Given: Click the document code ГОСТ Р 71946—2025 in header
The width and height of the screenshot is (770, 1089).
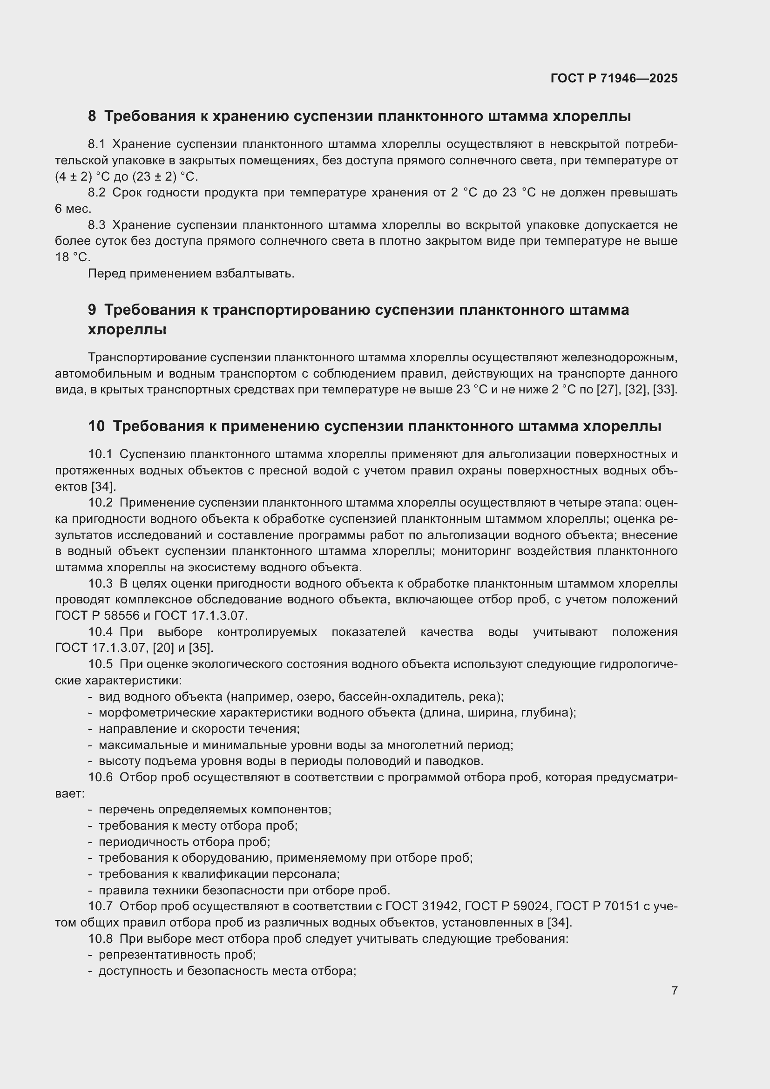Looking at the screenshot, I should pos(614,78).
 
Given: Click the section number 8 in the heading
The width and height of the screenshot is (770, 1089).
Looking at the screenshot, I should pos(92,116).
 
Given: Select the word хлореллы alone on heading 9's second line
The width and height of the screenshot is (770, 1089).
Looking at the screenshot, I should pos(127,329).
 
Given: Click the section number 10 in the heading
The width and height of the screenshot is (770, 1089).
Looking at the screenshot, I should pos(96,426).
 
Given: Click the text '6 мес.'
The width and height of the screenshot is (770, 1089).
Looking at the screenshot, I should pos(73,209).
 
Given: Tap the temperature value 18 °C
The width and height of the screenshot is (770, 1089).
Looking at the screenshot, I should pos(72,257).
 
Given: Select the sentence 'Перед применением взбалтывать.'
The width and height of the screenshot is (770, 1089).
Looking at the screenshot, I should pos(191,274).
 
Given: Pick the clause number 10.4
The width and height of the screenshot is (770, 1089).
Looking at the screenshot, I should pos(100,632).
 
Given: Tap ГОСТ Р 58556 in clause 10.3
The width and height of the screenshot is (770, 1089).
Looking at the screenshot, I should pos(97,616).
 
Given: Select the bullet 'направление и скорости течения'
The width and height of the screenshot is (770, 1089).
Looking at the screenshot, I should pos(199,729).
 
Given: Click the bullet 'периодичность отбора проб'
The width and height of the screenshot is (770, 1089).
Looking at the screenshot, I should pos(184,842).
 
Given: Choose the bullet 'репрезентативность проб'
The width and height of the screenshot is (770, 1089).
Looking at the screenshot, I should pos(177,955).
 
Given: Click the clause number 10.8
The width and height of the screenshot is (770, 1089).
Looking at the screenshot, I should pos(100,939).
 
